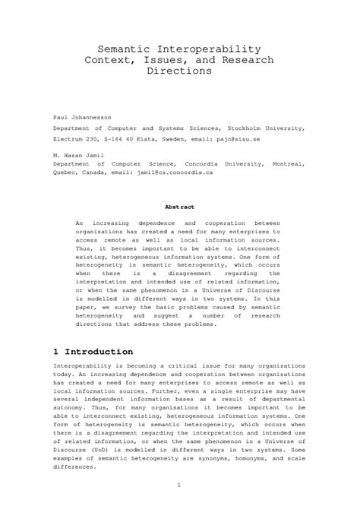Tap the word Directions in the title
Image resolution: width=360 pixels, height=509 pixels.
point(179,71)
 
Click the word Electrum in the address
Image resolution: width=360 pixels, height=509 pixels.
point(70,139)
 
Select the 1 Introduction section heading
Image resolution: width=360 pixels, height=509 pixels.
point(93,353)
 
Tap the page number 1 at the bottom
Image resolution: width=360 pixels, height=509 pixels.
point(179,483)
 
